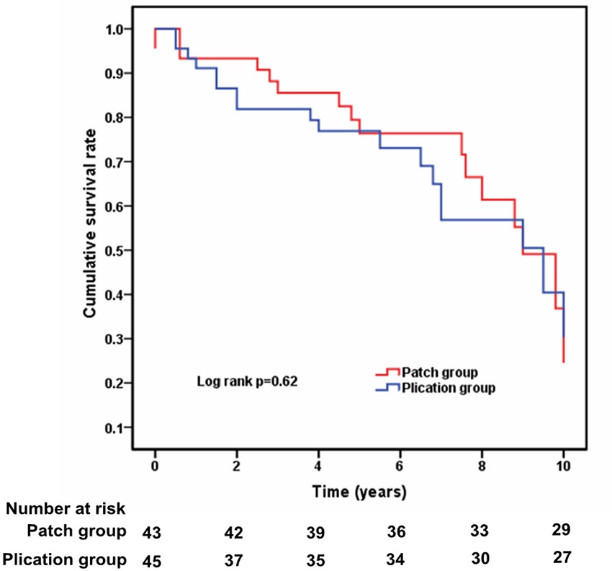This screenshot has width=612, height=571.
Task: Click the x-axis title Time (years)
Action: tap(359, 493)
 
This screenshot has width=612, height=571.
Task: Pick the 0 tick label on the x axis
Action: tap(155, 466)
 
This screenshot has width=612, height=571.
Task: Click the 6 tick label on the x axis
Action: tap(400, 466)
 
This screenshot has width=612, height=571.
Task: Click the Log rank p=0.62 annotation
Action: tap(248, 380)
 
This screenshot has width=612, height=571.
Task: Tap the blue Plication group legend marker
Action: tap(387, 389)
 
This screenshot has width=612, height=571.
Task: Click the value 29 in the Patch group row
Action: tap(562, 530)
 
